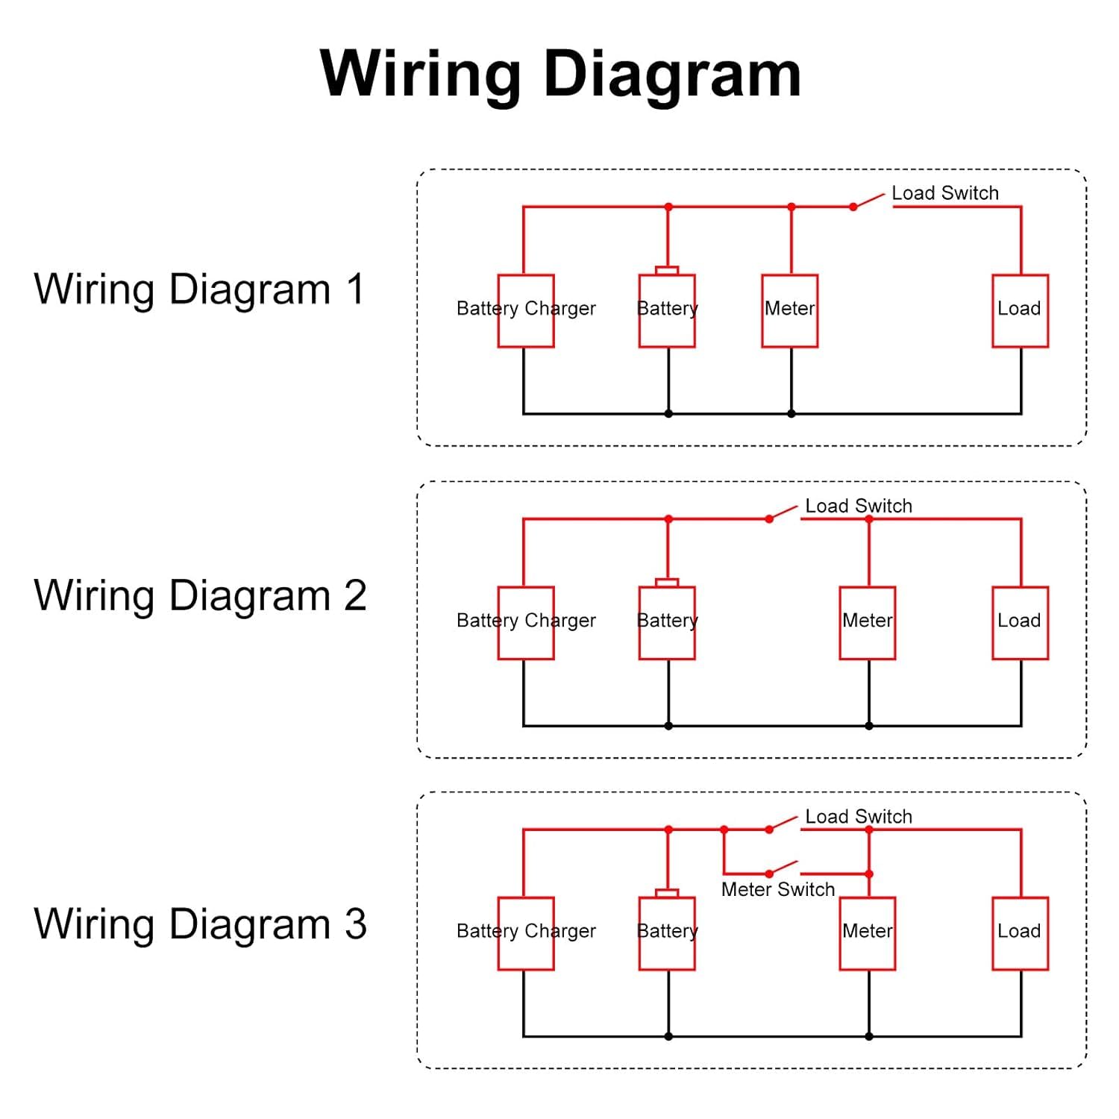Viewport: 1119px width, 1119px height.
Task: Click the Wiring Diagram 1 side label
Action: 200,289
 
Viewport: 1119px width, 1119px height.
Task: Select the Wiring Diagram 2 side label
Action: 200,595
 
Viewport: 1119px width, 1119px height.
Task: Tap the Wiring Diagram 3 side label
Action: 200,924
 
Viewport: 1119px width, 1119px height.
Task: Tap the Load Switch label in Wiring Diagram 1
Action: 945,193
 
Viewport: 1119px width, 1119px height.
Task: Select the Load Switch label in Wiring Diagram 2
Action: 859,506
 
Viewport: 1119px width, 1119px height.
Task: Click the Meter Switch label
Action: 778,889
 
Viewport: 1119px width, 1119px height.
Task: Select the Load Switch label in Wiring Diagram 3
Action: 859,816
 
